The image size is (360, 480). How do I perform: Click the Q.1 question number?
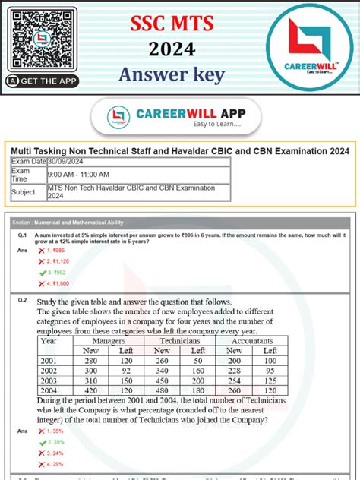tap(23, 236)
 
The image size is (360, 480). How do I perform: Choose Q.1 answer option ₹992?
tap(57, 271)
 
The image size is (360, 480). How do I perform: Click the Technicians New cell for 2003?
tap(162, 381)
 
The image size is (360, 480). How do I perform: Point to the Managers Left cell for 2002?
tap(127, 371)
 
